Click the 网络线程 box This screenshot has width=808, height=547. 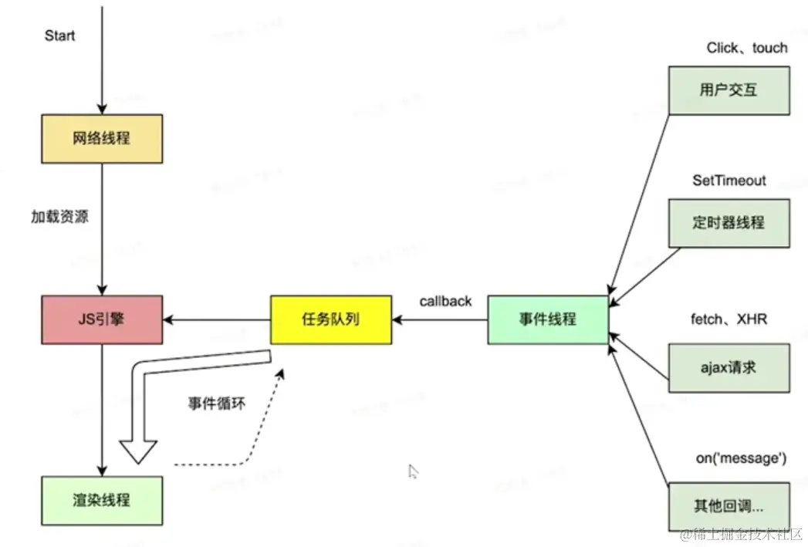click(101, 139)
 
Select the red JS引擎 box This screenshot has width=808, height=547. click(101, 319)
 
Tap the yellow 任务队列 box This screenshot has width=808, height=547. click(330, 319)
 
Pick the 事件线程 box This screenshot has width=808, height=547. click(548, 319)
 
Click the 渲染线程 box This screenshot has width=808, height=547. click(101, 500)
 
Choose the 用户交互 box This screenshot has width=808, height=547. click(729, 90)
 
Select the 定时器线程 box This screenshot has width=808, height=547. click(729, 223)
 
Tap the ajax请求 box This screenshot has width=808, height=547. click(729, 368)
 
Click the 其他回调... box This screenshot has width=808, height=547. click(729, 506)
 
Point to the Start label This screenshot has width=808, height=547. click(60, 36)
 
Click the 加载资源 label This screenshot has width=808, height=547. click(59, 217)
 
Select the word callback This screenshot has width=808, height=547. click(445, 301)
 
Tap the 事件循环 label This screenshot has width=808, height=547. click(217, 403)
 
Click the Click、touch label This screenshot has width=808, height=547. click(747, 48)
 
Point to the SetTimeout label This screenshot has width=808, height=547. click(729, 181)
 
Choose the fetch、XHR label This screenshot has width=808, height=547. click(729, 319)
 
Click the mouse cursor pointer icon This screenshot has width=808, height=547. click(413, 471)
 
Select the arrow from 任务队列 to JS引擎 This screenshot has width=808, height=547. click(216, 319)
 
